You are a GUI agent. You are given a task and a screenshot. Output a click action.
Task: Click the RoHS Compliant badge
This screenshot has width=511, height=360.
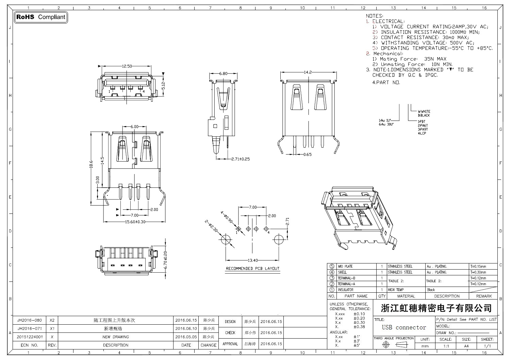41,17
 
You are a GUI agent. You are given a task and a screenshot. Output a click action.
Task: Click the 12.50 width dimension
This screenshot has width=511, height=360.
127,66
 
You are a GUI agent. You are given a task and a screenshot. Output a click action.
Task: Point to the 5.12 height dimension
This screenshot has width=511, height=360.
163,85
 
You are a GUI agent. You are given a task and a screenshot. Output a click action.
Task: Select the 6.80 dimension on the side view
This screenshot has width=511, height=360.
224,73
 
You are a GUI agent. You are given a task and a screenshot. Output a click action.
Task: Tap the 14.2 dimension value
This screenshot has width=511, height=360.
308,72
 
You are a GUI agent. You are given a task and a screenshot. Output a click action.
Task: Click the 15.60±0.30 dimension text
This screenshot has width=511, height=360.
135,222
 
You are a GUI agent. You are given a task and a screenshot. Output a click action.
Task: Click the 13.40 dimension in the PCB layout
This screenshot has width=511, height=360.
252,260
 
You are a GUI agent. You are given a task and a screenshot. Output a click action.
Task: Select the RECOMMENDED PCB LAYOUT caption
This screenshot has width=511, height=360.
253,269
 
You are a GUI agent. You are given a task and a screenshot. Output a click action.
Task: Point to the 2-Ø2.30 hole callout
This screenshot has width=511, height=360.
211,226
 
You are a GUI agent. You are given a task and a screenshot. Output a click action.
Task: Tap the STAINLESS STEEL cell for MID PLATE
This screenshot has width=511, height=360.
400,267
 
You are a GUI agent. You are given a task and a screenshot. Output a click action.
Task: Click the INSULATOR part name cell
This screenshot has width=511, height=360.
345,290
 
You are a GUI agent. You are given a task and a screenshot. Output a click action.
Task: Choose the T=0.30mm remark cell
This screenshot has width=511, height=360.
478,272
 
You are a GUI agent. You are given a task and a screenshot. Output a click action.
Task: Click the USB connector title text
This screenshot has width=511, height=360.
404,328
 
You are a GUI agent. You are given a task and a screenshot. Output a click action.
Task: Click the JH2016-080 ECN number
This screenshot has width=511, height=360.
30,320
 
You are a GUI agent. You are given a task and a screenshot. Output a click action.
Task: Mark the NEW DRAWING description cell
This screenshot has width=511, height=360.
116,337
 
